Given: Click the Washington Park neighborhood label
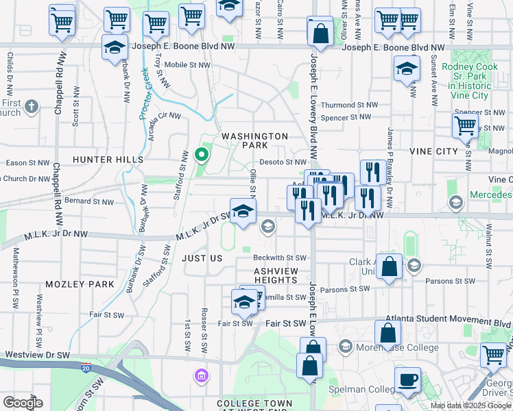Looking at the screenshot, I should [x=254, y=140].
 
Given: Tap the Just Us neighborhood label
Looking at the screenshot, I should [x=202, y=258].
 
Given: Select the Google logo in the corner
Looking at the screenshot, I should [x=23, y=403].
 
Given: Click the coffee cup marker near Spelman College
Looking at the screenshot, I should [x=408, y=380].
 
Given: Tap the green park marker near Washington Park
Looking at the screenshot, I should [x=201, y=154].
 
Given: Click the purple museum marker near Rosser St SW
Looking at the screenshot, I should [x=201, y=375].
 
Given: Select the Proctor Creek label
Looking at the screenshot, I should [x=146, y=93].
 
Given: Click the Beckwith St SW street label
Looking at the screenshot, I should [x=279, y=258].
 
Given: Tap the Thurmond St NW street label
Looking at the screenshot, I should [x=350, y=105].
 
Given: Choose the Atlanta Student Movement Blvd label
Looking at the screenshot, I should [x=449, y=319].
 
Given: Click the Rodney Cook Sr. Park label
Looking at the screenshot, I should [x=468, y=81].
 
